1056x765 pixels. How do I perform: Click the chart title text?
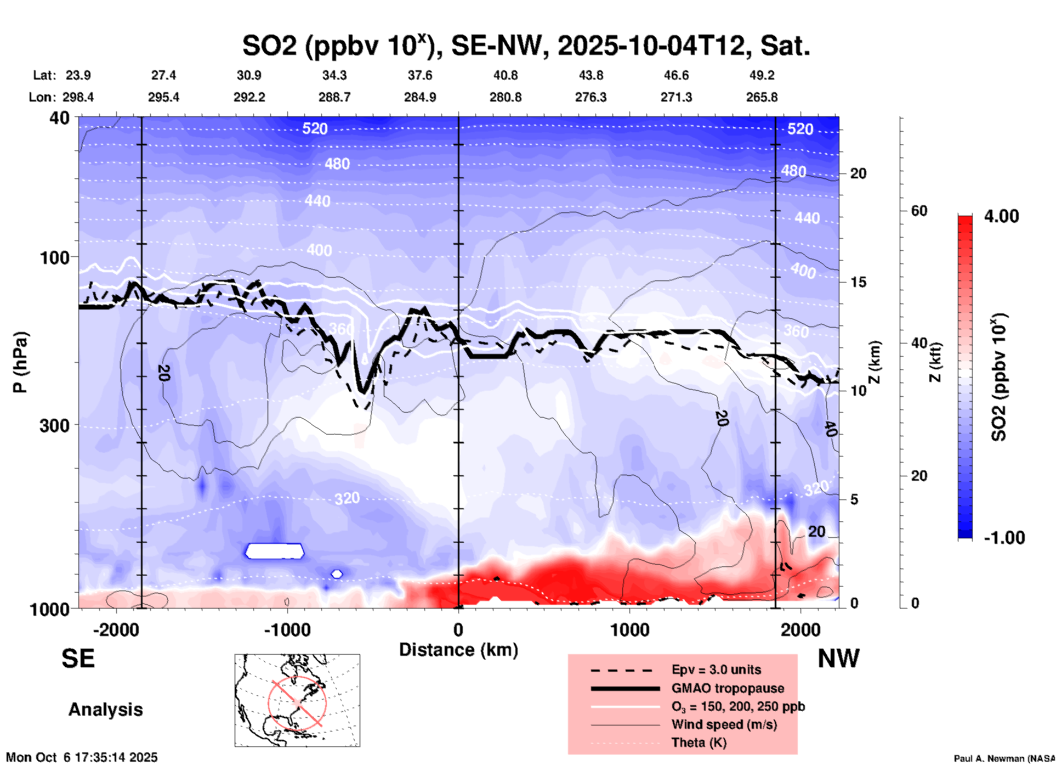click(526, 46)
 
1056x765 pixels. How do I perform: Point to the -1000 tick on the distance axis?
click(287, 629)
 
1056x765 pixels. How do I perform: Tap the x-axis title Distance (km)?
click(458, 650)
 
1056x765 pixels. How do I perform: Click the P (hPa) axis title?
click(20, 362)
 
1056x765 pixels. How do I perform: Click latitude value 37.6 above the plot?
click(420, 75)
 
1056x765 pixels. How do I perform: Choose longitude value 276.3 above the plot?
click(591, 97)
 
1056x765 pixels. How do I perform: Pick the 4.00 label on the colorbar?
click(1001, 216)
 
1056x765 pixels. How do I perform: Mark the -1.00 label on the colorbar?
click(1004, 537)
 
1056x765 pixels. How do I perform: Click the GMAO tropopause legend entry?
click(728, 688)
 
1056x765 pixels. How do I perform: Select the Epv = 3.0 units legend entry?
click(716, 670)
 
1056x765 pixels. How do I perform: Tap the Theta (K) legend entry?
click(699, 743)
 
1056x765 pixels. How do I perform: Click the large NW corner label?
click(838, 659)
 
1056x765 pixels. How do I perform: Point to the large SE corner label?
click(78, 659)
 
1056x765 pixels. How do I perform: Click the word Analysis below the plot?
click(105, 709)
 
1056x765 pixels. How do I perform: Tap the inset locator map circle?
click(297, 702)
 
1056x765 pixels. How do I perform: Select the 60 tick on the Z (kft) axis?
click(919, 211)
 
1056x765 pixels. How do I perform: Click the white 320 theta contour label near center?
click(347, 498)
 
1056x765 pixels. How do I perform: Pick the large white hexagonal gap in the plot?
click(274, 551)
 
